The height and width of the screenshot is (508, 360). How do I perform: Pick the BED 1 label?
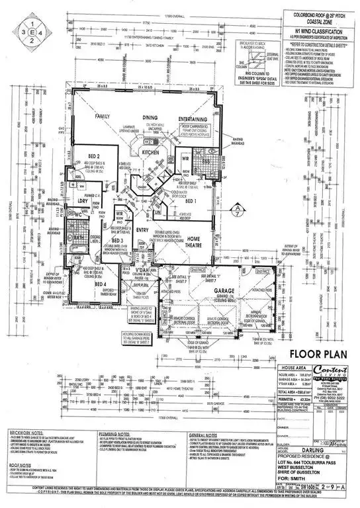pyautogui.click(x=191, y=200)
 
